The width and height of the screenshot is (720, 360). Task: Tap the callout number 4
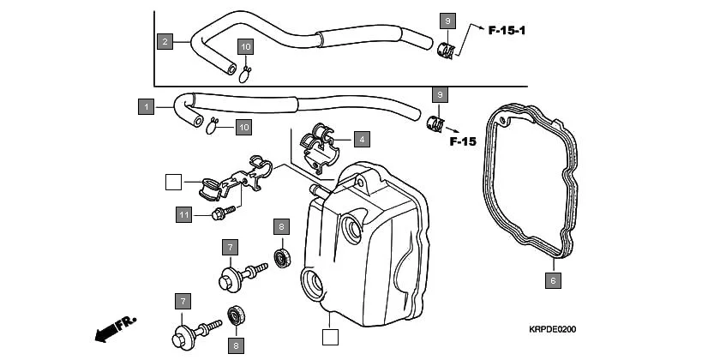point(363,138)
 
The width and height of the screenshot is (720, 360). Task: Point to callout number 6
point(553,279)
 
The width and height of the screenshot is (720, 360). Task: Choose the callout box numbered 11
point(183,213)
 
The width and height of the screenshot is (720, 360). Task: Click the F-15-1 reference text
point(507,31)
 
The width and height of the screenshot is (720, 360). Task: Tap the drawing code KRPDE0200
point(552,328)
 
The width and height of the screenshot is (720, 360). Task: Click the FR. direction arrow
point(116,327)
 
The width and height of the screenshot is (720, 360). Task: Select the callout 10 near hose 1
point(243,127)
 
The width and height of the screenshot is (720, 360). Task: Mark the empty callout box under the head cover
point(329,336)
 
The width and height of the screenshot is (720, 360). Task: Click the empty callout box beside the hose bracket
point(173,181)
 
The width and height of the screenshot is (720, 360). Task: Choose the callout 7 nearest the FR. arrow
point(182,301)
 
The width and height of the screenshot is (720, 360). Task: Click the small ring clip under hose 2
point(245,74)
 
